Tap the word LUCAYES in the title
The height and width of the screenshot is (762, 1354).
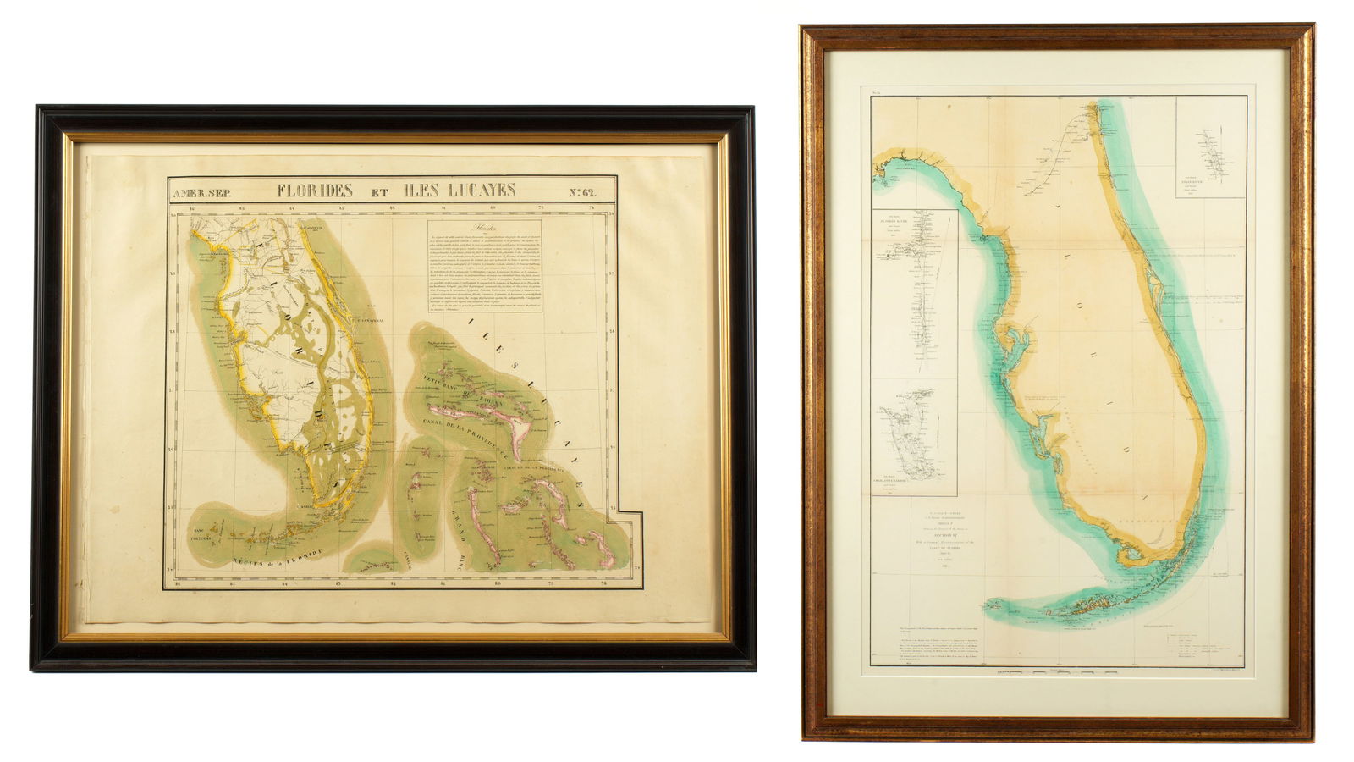[x=475, y=190]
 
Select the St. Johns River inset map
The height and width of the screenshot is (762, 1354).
[x=915, y=288]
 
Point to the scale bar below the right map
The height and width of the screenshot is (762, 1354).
[x=1058, y=672]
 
